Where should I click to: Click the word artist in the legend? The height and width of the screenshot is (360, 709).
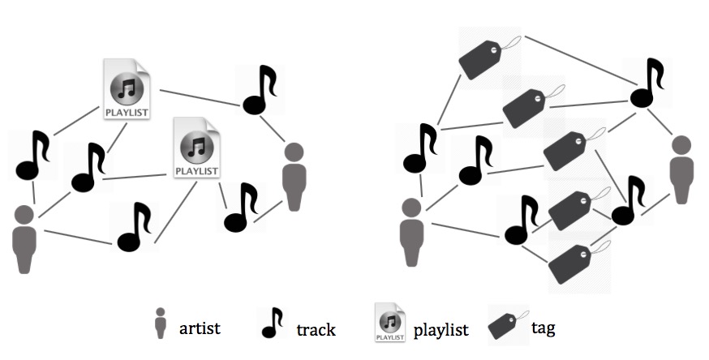[x=200, y=328]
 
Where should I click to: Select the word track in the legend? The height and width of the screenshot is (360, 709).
[x=316, y=329]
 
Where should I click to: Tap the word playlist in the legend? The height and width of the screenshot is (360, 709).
[x=441, y=329]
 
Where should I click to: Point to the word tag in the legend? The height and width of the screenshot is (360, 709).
[x=543, y=328]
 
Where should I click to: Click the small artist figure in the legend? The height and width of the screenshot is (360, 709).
[x=162, y=324]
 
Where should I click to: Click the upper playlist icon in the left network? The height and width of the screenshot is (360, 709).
[x=127, y=89]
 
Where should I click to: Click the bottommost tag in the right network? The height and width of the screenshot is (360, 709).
[x=575, y=261]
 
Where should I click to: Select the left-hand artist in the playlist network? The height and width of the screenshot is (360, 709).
[x=25, y=240]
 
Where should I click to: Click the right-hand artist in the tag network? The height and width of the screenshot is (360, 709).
[x=682, y=169]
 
